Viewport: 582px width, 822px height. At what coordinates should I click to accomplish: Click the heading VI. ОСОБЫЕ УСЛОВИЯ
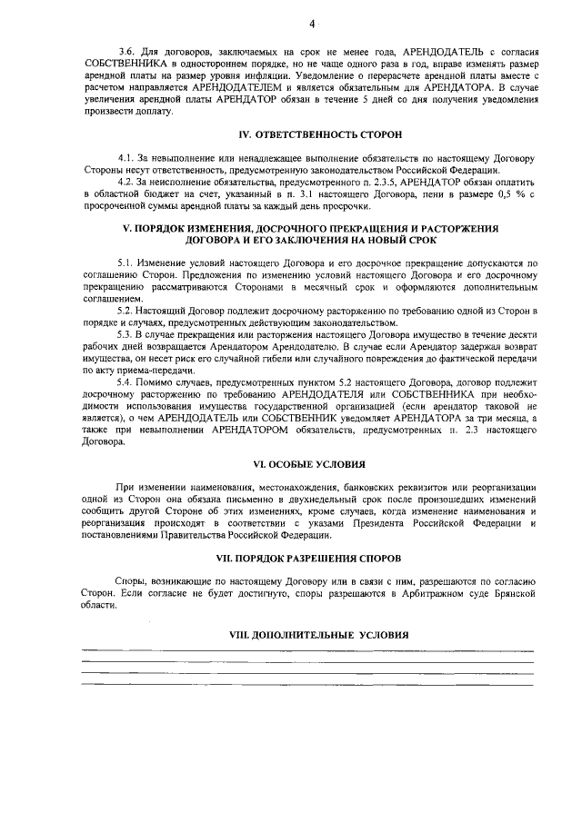coord(307,462)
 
